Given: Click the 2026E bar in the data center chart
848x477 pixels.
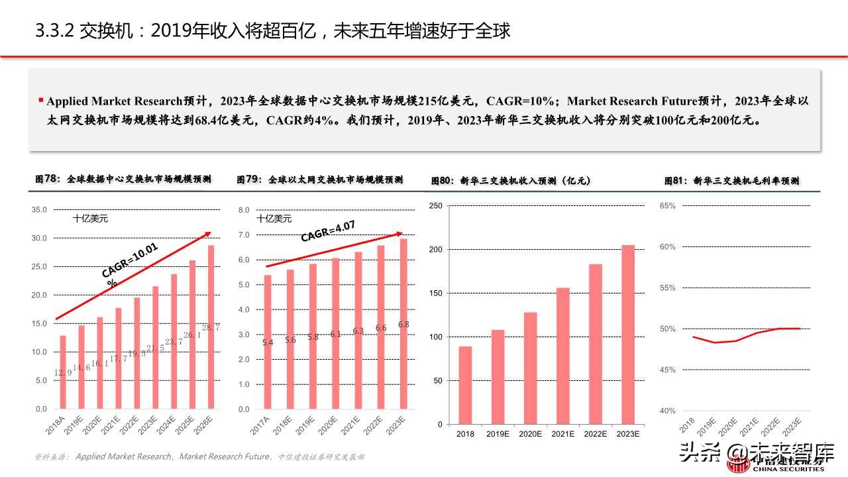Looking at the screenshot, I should pos(211,327).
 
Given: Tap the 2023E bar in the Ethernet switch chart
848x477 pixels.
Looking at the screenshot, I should pos(403,324).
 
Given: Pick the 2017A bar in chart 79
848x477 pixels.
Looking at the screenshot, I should pos(268,342).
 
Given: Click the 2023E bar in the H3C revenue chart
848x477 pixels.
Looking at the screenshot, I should pos(627,335).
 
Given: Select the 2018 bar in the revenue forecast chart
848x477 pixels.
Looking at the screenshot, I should pos(465,385).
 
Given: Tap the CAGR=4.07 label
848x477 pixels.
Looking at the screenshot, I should pos(328,231).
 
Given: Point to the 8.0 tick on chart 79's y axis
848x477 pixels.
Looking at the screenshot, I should pos(243,210).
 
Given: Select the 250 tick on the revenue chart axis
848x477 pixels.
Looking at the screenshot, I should pos(435,206).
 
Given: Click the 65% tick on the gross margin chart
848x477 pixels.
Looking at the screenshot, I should pos(667,206).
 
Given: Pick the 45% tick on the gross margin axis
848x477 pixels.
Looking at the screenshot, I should pos(667,370).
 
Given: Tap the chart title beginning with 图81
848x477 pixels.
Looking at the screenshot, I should pos(731,180).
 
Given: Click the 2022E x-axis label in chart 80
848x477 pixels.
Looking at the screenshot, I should pos(595,434).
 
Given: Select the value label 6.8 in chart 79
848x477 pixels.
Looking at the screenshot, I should pos(403,325).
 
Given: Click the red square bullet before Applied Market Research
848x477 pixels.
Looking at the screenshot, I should pos(41,101).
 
